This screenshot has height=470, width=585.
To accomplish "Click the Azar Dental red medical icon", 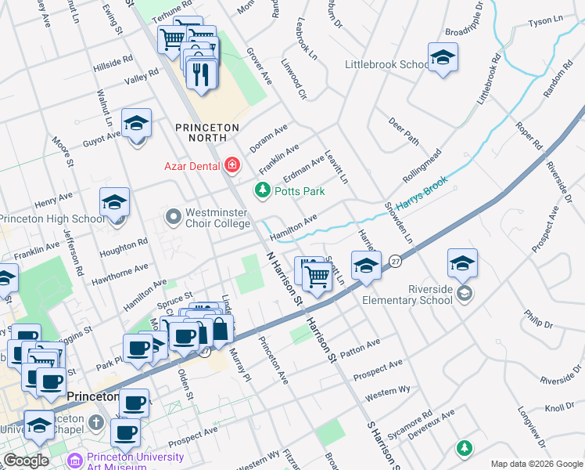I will (231, 165).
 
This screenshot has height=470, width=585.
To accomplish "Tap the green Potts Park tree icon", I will (263, 190).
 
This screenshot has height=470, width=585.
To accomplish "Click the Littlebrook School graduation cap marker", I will (443, 58).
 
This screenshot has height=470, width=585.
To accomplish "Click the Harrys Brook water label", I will (422, 194).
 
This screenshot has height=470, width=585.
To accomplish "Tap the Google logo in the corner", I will (26, 461).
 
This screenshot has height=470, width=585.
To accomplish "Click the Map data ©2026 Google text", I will (536, 464).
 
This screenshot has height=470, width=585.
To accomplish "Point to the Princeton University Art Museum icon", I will (76, 461).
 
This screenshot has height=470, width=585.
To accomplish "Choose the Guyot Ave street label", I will (102, 139).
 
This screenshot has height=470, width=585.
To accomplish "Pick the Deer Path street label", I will (404, 132).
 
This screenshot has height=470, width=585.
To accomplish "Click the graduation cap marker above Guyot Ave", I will (137, 124).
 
